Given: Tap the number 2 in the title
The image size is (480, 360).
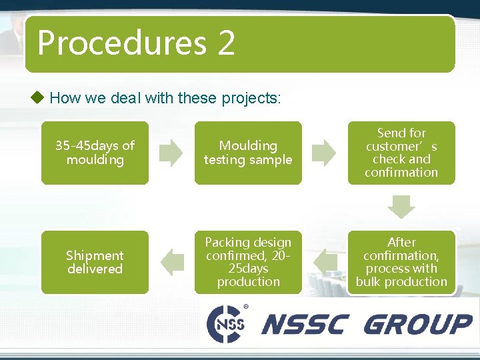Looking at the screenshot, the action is (x=226, y=43).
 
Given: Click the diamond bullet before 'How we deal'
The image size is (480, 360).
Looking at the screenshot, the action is (x=38, y=98).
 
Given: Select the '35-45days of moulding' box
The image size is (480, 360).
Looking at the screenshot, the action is (x=95, y=153).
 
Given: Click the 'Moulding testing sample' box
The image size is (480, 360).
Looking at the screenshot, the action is (x=248, y=153).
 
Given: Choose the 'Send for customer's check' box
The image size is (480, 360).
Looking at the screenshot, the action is (x=401, y=153).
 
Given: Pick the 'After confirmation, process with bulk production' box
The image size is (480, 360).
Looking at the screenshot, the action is (x=401, y=262).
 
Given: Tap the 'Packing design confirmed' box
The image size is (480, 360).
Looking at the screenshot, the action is (x=248, y=262).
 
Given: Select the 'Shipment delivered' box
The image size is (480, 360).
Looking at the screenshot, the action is (x=95, y=262).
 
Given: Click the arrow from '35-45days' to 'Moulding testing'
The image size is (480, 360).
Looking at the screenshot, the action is (x=171, y=153).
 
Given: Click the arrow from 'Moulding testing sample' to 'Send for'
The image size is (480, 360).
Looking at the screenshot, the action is (x=325, y=153).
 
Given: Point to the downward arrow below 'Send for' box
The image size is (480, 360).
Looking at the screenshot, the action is (x=401, y=205).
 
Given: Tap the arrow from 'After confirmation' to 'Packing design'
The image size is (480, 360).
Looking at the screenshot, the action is (x=325, y=262).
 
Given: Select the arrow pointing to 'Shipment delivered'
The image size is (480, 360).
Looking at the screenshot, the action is (x=172, y=262).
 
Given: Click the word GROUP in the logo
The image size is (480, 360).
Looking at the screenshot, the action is (x=418, y=325).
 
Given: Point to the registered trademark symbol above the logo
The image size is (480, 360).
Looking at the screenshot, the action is (x=246, y=306).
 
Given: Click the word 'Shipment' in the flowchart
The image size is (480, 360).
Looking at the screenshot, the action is (x=95, y=255).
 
